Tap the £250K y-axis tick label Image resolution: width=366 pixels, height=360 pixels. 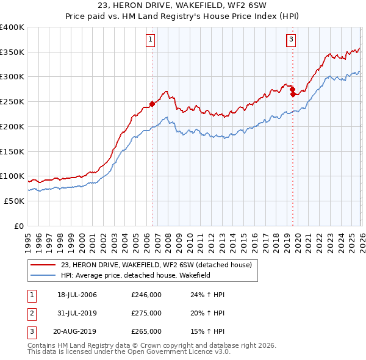point(12,102)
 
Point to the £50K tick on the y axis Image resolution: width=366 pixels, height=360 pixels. point(14,201)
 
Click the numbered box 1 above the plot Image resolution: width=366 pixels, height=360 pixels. point(150,40)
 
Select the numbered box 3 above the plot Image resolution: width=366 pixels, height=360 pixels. point(291,40)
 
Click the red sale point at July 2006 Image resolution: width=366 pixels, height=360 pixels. point(152,104)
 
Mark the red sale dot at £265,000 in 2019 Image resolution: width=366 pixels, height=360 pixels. point(293,95)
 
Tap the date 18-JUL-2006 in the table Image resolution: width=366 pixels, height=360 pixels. point(77,295)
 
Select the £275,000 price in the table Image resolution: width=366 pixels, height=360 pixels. point(146,313)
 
